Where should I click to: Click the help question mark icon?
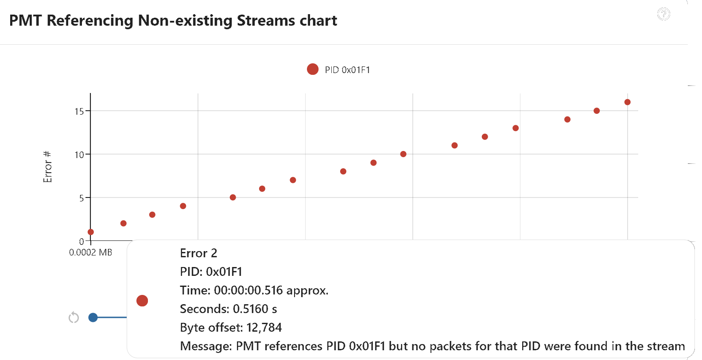coord(663,14)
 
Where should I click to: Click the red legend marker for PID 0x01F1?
coord(313,69)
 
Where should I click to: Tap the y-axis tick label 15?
coord(79,111)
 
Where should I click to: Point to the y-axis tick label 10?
coord(79,155)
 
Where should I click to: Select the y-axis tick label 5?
coord(81,198)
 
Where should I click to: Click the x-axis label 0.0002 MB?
coord(91,252)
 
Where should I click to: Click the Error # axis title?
coord(47,167)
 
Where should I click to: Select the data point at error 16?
coord(627,102)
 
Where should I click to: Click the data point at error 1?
coord(91,232)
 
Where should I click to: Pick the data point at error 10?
coord(403,154)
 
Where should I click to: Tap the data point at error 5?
coord(233,197)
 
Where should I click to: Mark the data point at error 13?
coord(516,128)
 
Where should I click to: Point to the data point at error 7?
coord(293,180)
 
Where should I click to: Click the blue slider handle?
coord(93,317)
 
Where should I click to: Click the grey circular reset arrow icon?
coord(74,317)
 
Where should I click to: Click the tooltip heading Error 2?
coord(198,253)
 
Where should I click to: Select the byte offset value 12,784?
coord(264,328)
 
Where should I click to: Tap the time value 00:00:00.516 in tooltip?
coord(248,290)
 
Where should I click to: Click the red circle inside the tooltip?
coord(142,301)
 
